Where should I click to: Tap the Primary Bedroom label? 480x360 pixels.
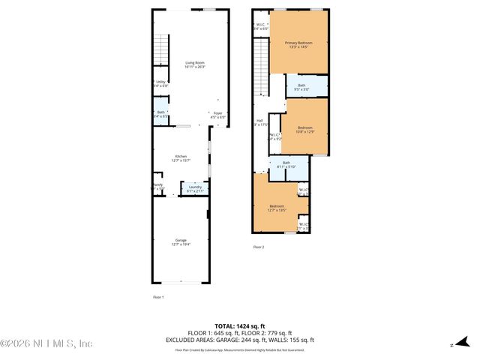(x=298, y=45)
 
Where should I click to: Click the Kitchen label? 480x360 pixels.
(x=181, y=157)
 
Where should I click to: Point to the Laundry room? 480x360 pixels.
(x=195, y=189)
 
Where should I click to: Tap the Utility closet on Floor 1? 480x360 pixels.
(x=160, y=84)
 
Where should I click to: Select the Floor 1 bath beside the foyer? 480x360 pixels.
(x=160, y=115)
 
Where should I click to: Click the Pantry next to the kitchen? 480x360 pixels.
(x=158, y=187)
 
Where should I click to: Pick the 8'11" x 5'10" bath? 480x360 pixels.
(x=286, y=165)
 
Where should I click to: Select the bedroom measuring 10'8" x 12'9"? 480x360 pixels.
(x=304, y=130)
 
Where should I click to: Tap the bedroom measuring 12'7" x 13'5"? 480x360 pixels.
(x=277, y=208)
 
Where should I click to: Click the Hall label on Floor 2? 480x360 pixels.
(x=259, y=122)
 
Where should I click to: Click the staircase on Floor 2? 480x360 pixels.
(x=259, y=67)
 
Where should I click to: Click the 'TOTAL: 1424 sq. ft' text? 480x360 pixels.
(x=239, y=326)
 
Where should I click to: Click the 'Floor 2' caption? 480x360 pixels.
(x=258, y=247)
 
